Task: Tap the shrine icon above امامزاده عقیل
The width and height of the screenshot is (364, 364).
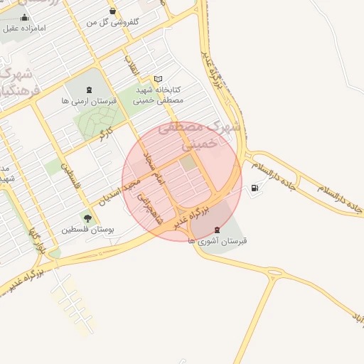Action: pyautogui.click(x=25, y=17)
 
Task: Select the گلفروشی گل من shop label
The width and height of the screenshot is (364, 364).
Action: pyautogui.click(x=112, y=22)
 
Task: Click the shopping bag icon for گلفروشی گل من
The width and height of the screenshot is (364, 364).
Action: pyautogui.click(x=113, y=11)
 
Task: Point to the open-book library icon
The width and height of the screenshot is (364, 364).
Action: pyautogui.click(x=158, y=79)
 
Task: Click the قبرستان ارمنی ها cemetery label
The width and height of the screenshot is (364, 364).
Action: pyautogui.click(x=88, y=102)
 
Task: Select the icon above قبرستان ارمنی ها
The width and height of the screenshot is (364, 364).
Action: pyautogui.click(x=88, y=90)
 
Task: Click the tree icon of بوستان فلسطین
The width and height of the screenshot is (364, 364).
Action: pyautogui.click(x=88, y=218)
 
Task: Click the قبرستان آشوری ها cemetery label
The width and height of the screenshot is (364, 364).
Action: pyautogui.click(x=217, y=242)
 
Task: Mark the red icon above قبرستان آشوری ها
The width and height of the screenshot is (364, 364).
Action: pyautogui.click(x=217, y=230)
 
